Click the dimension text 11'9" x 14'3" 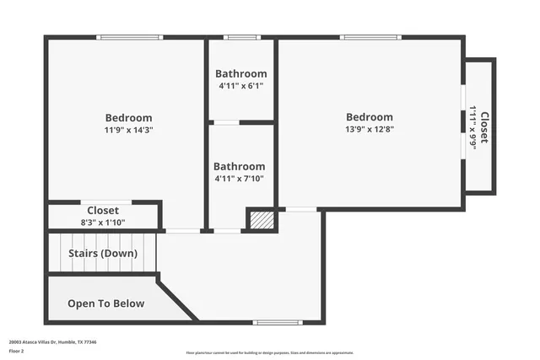point(128,131)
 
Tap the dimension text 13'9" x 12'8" point(369,130)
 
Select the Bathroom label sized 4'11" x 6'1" point(241,74)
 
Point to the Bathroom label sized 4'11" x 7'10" point(239,167)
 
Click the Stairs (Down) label point(101,253)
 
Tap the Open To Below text point(105,304)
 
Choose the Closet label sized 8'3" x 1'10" point(103,210)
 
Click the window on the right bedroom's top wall point(370,37)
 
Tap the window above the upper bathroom point(241,37)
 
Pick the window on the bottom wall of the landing point(278,322)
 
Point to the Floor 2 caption point(17,351)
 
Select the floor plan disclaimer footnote point(269,352)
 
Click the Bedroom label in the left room point(128,118)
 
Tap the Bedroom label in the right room point(369,117)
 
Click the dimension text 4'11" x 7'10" point(239,179)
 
